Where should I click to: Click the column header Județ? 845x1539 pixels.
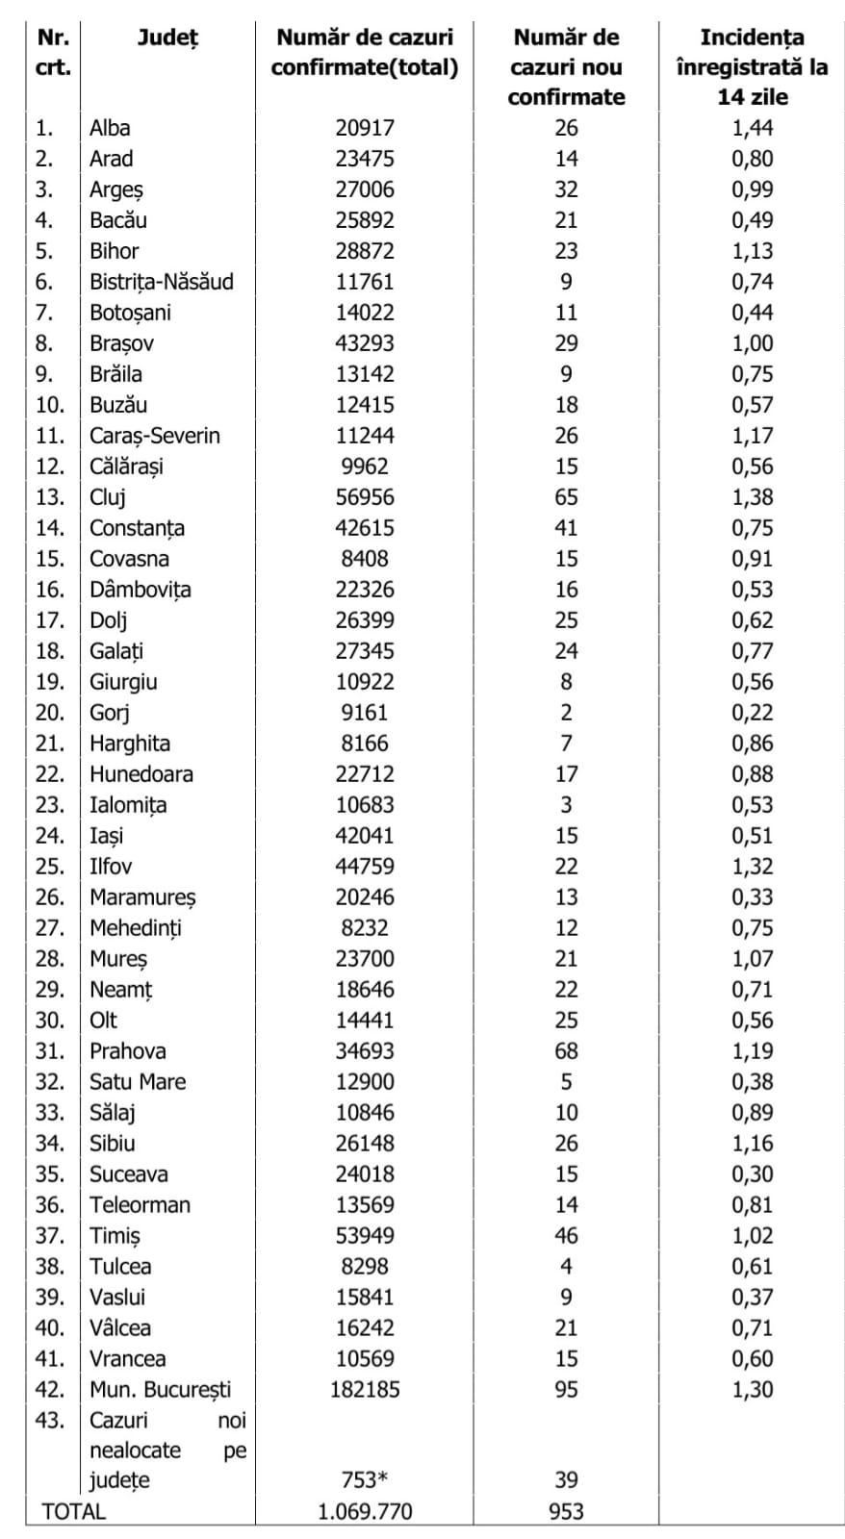(167, 38)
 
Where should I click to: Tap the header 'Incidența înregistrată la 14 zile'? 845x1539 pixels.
(752, 66)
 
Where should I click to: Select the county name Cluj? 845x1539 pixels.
(108, 497)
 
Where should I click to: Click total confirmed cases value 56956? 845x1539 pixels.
(365, 497)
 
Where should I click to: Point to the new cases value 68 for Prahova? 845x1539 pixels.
(566, 1051)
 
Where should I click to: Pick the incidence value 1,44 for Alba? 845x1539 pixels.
(752, 128)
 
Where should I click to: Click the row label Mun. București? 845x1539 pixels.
(160, 1390)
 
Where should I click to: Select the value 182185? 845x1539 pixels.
(365, 1390)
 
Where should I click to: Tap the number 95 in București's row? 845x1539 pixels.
(566, 1390)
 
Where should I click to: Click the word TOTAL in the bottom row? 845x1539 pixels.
(73, 1511)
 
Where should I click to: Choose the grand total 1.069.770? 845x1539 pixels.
(365, 1511)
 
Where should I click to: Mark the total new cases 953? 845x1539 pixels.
(566, 1511)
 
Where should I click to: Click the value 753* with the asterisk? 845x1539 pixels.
(365, 1480)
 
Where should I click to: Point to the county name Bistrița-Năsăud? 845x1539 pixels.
(162, 282)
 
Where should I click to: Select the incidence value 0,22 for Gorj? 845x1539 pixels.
(752, 713)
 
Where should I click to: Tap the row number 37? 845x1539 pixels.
(50, 1236)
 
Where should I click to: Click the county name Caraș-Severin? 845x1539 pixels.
(155, 436)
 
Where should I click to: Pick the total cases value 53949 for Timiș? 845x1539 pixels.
(365, 1236)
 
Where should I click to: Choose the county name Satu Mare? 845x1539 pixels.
(138, 1082)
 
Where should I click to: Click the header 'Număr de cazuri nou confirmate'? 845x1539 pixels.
(566, 66)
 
